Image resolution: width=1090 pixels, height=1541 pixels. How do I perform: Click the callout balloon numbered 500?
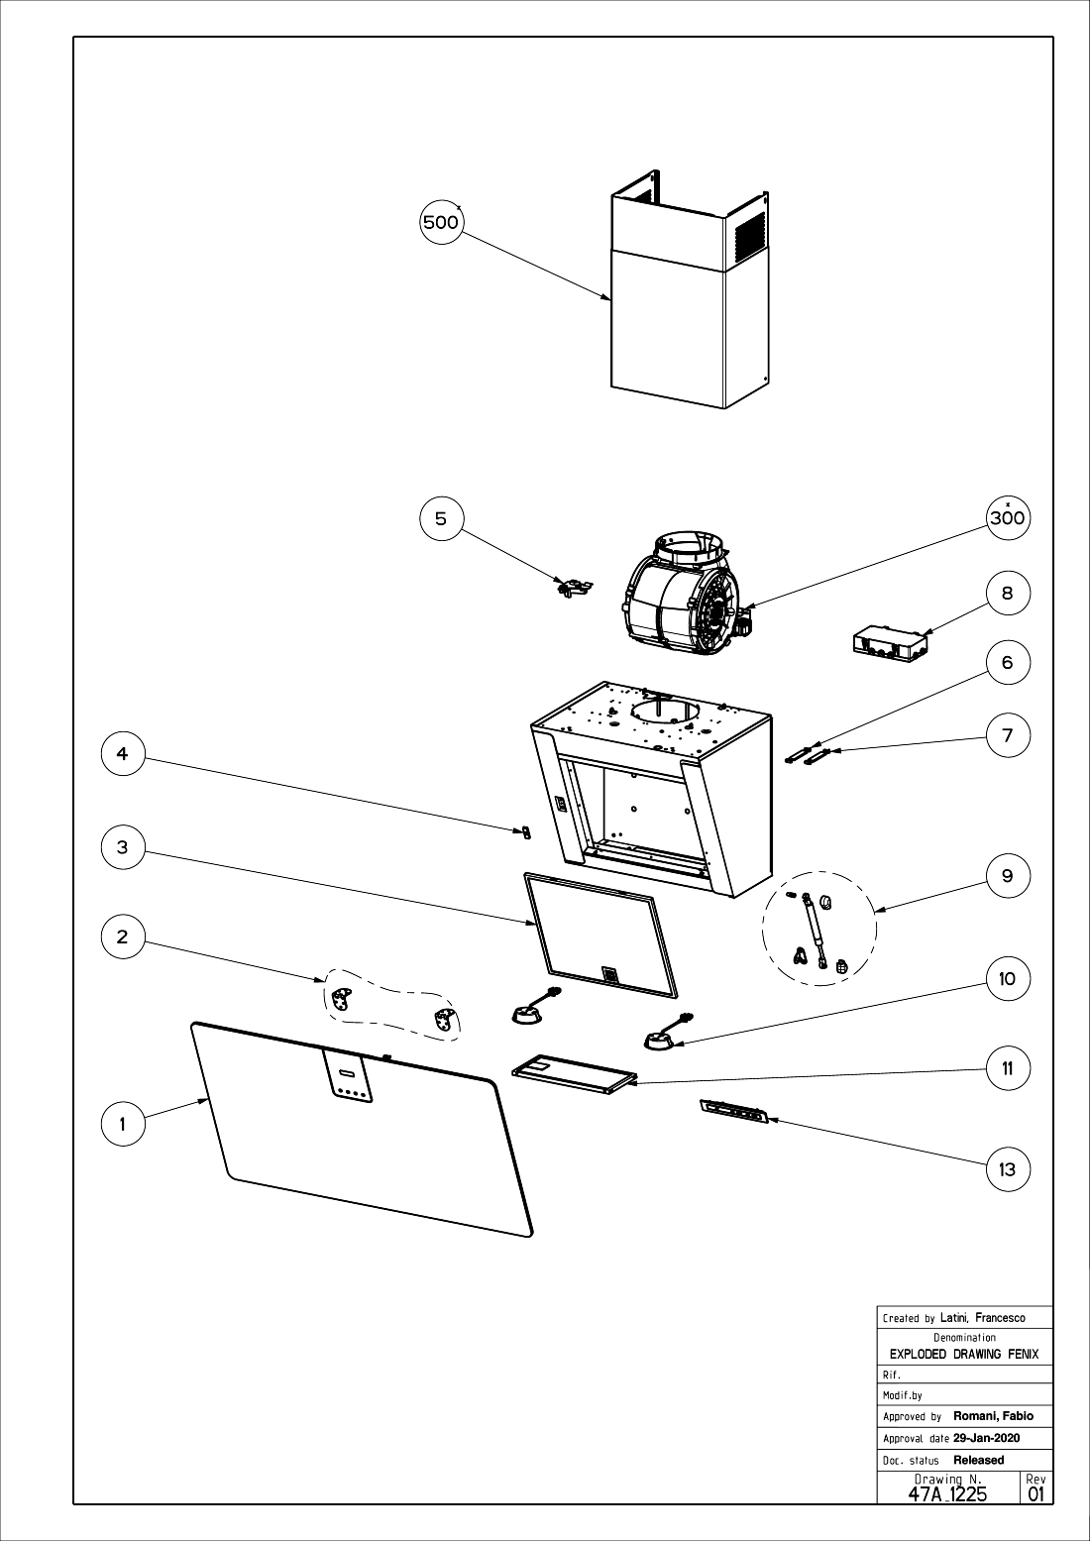point(441,222)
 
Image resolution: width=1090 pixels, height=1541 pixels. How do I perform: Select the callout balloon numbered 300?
point(1008,517)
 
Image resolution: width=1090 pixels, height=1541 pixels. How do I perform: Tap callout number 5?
point(441,517)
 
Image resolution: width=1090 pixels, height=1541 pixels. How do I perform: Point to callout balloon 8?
point(1008,593)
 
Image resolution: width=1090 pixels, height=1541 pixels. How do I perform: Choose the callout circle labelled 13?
point(1008,1169)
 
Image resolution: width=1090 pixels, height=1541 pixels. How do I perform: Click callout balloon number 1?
point(123,1124)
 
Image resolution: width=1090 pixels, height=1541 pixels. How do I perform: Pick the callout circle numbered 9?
point(1008,876)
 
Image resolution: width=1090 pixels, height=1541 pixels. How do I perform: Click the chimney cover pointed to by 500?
point(684,317)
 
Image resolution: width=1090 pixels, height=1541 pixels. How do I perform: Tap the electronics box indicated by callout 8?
point(893,643)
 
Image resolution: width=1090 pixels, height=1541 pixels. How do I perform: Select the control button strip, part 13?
point(734,1112)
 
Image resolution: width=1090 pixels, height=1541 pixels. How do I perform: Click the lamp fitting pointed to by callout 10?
point(661,1038)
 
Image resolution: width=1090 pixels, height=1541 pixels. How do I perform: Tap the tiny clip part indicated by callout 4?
point(526,830)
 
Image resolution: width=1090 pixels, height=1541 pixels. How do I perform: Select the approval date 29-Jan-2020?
point(986,1438)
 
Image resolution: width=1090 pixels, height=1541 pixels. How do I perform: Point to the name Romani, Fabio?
point(993,1416)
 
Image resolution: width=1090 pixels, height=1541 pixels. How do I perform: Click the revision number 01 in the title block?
point(1036,1492)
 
